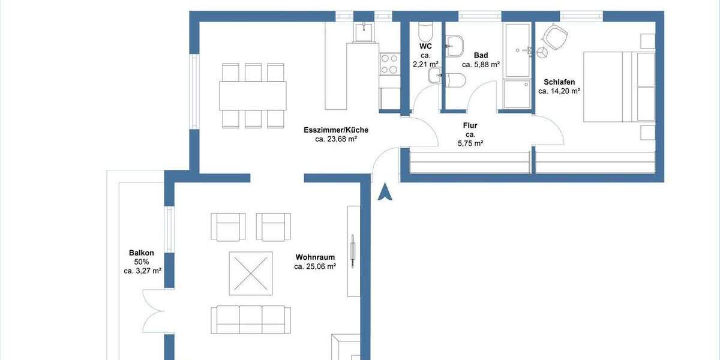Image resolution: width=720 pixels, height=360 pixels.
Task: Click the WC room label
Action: pyautogui.click(x=425, y=46)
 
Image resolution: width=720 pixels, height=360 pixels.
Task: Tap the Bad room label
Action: pyautogui.click(x=481, y=55)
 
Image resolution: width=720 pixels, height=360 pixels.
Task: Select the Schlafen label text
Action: pyautogui.click(x=559, y=82)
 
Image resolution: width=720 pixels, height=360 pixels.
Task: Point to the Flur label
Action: pyautogui.click(x=470, y=125)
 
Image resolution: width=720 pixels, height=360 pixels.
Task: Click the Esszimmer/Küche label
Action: pyautogui.click(x=336, y=130)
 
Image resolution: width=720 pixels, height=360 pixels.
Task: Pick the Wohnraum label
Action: pyautogui.click(x=315, y=257)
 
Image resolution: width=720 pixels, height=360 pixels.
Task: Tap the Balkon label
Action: pyautogui.click(x=139, y=253)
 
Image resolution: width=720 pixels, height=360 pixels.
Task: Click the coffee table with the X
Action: pyautogui.click(x=250, y=273)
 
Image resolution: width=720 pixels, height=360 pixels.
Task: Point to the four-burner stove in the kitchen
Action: pyautogui.click(x=389, y=64)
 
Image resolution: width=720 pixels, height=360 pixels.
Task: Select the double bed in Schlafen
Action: pyautogui.click(x=618, y=87)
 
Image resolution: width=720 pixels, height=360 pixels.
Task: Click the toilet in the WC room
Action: pyautogui.click(x=426, y=29)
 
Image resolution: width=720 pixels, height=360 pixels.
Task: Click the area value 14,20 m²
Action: pyautogui.click(x=559, y=91)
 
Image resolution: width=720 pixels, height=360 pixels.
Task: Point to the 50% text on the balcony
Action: pyautogui.click(x=142, y=262)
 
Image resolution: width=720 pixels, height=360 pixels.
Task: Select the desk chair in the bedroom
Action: pyautogui.click(x=554, y=40)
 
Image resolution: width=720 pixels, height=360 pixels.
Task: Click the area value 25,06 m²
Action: pyautogui.click(x=315, y=267)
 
